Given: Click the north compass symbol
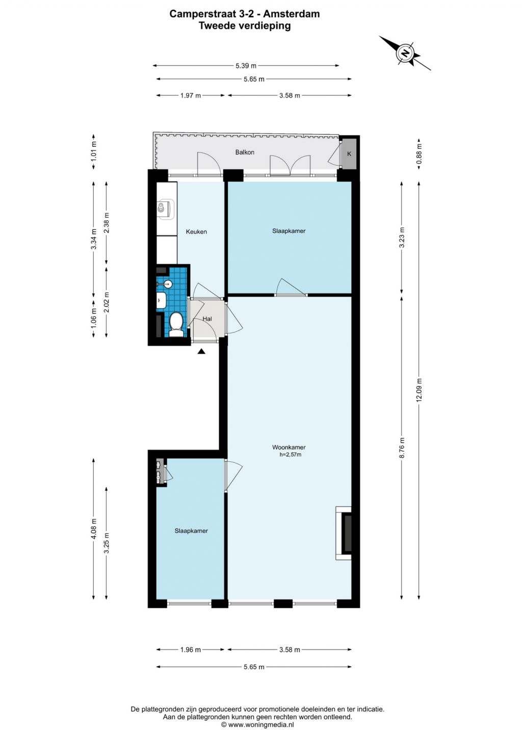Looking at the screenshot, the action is (x=405, y=53).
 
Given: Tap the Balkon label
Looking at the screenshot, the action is (x=245, y=152).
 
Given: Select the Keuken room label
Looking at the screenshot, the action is (x=196, y=231).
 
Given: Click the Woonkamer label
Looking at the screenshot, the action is (x=289, y=447).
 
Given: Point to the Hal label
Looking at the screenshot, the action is (x=207, y=319).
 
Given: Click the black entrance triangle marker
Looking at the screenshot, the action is (x=201, y=352).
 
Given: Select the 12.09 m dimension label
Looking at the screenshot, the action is (x=419, y=390).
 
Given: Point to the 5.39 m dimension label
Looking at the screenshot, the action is (x=246, y=66).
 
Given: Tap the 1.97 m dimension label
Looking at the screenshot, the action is (x=191, y=95).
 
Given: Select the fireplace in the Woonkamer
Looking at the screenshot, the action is (x=344, y=533).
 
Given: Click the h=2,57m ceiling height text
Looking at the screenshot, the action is (x=291, y=455).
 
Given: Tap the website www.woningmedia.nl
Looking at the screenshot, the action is (x=257, y=724).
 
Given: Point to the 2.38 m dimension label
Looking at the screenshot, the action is (x=106, y=223).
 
